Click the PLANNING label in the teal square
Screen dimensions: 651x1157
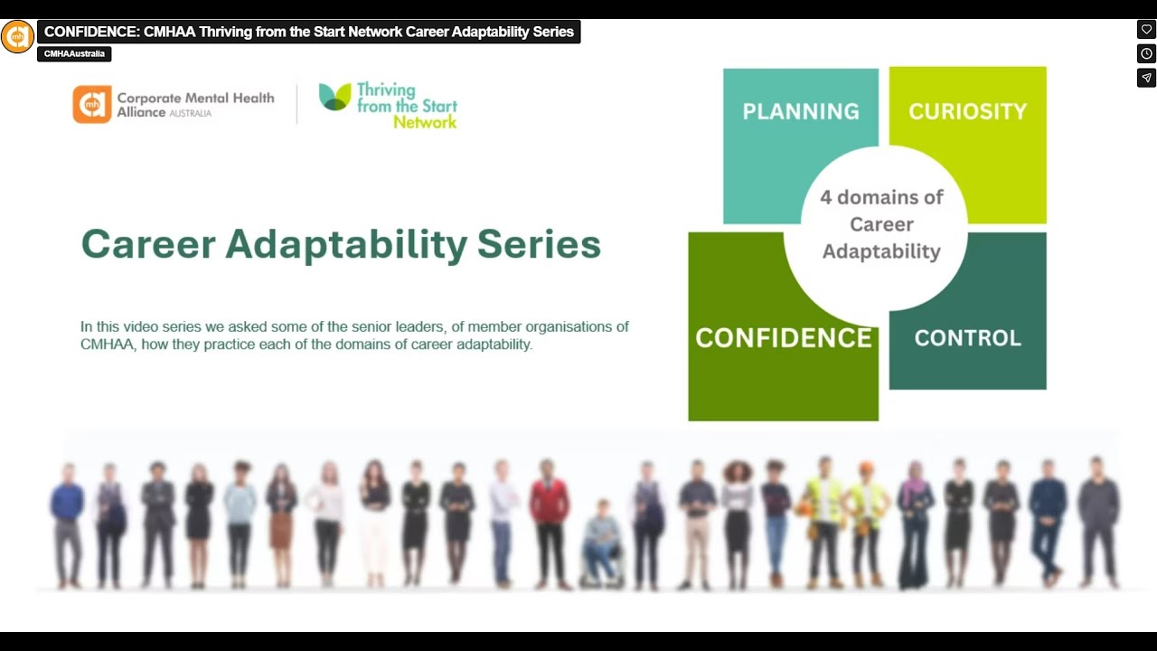coord(800,111)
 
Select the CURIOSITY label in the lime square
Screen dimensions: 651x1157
coord(967,111)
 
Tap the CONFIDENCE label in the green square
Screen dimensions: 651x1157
coord(783,337)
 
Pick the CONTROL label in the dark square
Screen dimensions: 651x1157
coord(967,337)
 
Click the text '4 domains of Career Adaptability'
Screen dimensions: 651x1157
coord(880,224)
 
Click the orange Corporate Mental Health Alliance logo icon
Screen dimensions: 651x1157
coord(92,105)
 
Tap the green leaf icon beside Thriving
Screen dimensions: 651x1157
coord(334,97)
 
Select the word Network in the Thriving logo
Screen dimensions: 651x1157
coord(425,122)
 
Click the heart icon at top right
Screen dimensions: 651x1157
coord(1146,30)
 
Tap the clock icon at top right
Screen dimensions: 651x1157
coord(1146,54)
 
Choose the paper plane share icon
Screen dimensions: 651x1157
coord(1146,78)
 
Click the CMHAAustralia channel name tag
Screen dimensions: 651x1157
coord(74,54)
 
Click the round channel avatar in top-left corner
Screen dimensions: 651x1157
coord(17,37)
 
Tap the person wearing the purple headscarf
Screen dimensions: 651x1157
coord(915,520)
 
